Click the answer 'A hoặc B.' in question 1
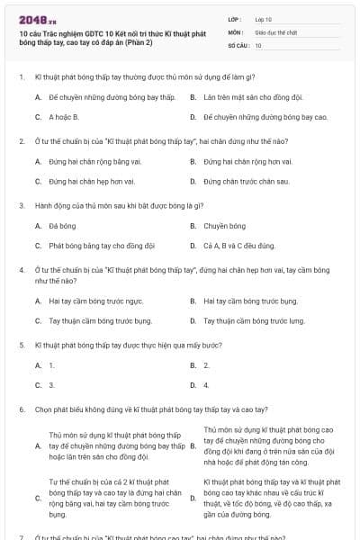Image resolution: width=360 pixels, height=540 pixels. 64,117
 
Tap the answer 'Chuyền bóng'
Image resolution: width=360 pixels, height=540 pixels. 224,226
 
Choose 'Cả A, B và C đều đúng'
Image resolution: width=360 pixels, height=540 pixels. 238,246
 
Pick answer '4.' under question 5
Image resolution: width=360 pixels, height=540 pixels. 206,385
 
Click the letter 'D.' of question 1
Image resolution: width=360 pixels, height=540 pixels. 193,117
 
